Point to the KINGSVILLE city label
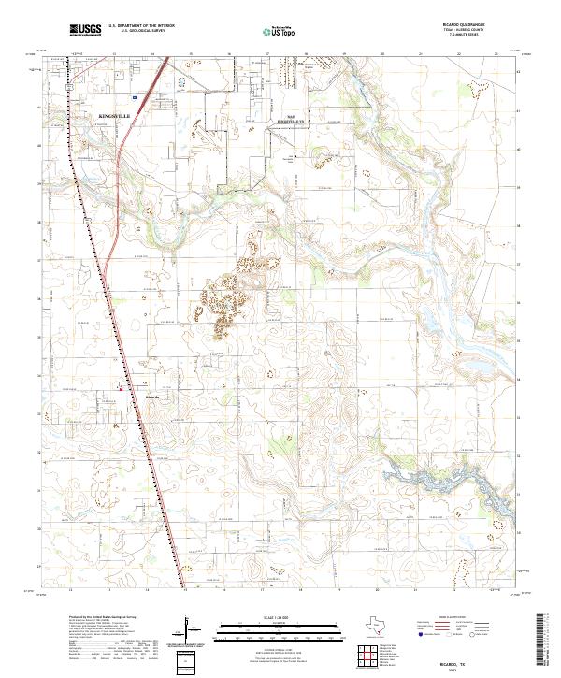[116, 115]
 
